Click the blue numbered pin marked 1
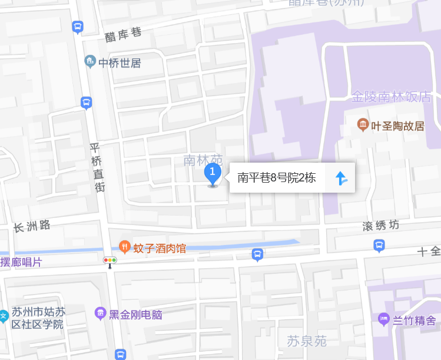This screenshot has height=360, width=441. pyautogui.click(x=213, y=173)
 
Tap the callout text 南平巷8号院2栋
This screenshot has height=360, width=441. pyautogui.click(x=277, y=178)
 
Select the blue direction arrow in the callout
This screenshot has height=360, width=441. pyautogui.click(x=341, y=178)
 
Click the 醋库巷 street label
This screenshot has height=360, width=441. pyautogui.click(x=123, y=35)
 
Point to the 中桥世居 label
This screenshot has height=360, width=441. pyautogui.click(x=120, y=62)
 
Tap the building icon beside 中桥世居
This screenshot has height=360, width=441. pyautogui.click(x=90, y=61)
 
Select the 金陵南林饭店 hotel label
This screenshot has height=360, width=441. pyautogui.click(x=391, y=97)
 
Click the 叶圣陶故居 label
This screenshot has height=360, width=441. pyautogui.click(x=399, y=125)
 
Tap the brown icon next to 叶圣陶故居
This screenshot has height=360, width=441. pyautogui.click(x=363, y=125)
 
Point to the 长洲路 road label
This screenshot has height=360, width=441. pyautogui.click(x=32, y=226)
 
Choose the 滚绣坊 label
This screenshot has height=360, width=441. pyautogui.click(x=380, y=226)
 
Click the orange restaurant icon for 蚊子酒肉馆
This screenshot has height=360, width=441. pyautogui.click(x=124, y=247)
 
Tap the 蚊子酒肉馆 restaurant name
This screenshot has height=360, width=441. pyautogui.click(x=160, y=248)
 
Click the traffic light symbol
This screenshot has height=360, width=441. pyautogui.click(x=110, y=260)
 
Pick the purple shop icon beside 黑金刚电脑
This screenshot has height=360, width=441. pyautogui.click(x=100, y=313)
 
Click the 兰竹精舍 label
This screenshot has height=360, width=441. pyautogui.click(x=415, y=320)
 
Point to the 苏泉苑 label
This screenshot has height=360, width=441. pyautogui.click(x=306, y=341)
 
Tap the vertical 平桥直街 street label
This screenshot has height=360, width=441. pyautogui.click(x=97, y=168)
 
